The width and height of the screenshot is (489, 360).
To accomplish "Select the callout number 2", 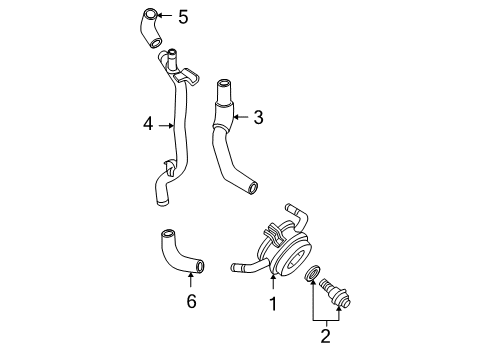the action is pyautogui.click(x=326, y=335).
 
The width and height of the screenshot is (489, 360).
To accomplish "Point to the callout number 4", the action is pyautogui.click(x=148, y=125).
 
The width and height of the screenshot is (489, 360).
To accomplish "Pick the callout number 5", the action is pyautogui.click(x=182, y=16).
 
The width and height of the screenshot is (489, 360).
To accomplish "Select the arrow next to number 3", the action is pyautogui.click(x=240, y=118).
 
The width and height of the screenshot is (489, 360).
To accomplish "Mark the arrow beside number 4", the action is pyautogui.click(x=166, y=125).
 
